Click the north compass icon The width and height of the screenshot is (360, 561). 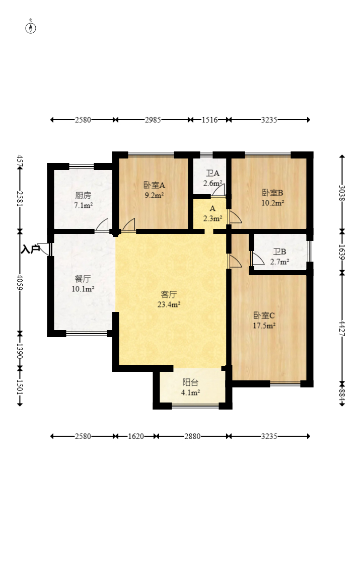(31, 28)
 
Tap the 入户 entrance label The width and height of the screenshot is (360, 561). (30, 249)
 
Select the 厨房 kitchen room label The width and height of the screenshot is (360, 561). (83, 195)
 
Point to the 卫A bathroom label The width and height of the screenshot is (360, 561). (213, 174)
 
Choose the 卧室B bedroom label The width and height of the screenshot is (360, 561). (272, 193)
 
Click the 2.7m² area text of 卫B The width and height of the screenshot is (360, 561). (279, 262)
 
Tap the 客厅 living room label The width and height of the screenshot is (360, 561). (169, 294)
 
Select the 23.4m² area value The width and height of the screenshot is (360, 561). (169, 304)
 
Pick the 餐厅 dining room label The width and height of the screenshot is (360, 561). (83, 279)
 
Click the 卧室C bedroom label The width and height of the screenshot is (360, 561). (264, 315)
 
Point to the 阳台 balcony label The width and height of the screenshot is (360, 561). (190, 382)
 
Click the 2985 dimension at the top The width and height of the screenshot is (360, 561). (153, 120)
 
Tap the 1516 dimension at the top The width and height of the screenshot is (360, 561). (209, 120)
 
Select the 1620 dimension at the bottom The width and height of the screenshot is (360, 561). (136, 436)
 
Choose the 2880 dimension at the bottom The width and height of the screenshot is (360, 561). (192, 436)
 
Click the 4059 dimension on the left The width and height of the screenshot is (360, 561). (20, 283)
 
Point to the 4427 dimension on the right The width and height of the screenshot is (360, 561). (342, 328)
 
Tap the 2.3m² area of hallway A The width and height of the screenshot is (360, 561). (213, 218)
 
